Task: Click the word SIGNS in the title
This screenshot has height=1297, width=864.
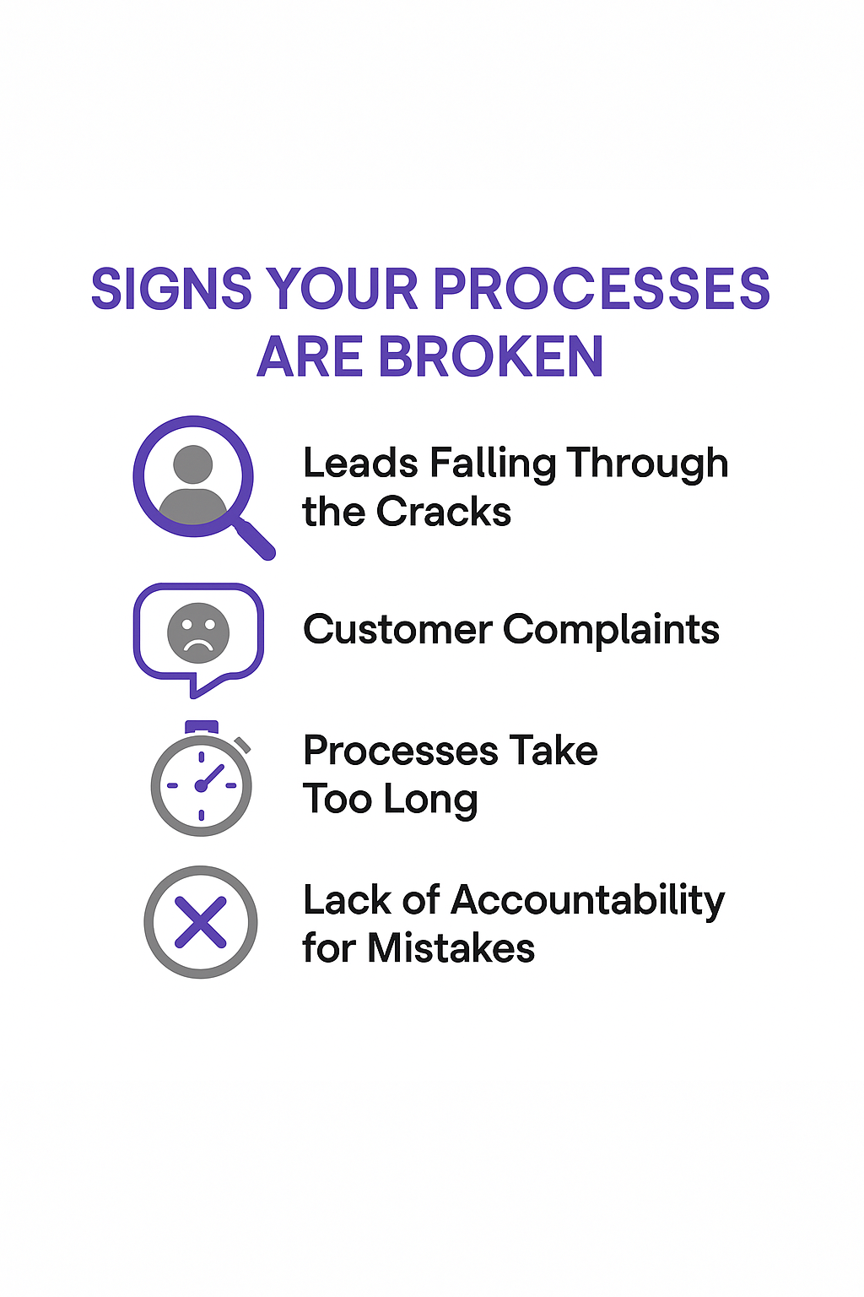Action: pos(171,290)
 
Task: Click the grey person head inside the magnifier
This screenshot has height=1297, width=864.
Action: pos(193,464)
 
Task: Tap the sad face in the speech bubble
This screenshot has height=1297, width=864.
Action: pos(198,632)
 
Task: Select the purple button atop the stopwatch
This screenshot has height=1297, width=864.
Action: pos(201,727)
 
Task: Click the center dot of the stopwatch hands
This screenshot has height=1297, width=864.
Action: pos(201,786)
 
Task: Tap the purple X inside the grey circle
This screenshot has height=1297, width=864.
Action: pos(201,922)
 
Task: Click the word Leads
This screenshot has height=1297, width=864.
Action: pos(360,464)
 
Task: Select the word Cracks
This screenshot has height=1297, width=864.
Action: pos(444,512)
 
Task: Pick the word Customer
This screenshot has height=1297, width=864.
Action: pos(397,630)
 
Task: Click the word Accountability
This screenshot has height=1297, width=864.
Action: pos(588,901)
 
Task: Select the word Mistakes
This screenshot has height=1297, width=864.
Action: pos(451,948)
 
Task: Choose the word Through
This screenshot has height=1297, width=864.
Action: pos(647,464)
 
